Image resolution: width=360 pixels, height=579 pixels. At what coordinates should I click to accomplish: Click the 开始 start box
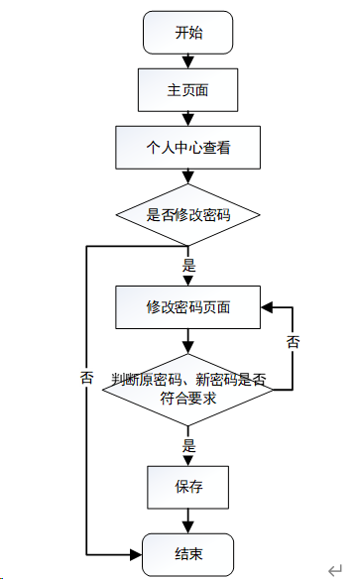pyautogui.click(x=188, y=33)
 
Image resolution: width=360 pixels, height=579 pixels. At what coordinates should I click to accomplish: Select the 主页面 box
pyautogui.click(x=188, y=90)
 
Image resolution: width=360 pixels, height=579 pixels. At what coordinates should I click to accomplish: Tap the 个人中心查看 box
pyautogui.click(x=188, y=148)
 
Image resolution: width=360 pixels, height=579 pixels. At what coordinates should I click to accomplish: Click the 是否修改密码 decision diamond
pyautogui.click(x=188, y=215)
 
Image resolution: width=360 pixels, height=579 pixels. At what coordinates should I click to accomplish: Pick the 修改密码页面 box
pyautogui.click(x=188, y=307)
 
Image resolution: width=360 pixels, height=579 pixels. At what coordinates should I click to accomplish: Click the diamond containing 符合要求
pyautogui.click(x=188, y=390)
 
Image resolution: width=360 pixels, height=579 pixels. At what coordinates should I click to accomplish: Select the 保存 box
pyautogui.click(x=188, y=488)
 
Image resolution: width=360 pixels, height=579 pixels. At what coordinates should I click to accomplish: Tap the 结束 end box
pyautogui.click(x=188, y=554)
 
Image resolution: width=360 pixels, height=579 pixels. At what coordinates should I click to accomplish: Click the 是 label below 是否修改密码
pyautogui.click(x=188, y=266)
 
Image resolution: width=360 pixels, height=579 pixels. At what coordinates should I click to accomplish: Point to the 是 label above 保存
pyautogui.click(x=188, y=446)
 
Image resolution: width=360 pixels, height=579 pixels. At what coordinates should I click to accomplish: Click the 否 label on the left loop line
pyautogui.click(x=86, y=378)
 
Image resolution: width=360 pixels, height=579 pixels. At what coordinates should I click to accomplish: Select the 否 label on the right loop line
pyautogui.click(x=294, y=342)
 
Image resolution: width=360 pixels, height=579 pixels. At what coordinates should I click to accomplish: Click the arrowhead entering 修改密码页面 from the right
pyautogui.click(x=267, y=307)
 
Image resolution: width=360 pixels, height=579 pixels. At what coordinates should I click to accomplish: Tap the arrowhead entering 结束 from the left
pyautogui.click(x=136, y=554)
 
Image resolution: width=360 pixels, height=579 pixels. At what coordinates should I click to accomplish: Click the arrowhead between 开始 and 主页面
pyautogui.click(x=188, y=61)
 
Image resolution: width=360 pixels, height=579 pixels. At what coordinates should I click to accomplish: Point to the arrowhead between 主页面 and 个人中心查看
pyautogui.click(x=188, y=120)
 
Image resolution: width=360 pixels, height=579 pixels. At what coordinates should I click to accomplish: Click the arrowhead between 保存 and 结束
pyautogui.click(x=188, y=526)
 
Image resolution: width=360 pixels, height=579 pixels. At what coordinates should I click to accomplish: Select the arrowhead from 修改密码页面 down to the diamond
pyautogui.click(x=188, y=348)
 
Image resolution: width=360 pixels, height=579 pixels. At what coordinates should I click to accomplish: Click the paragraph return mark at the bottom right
pyautogui.click(x=335, y=570)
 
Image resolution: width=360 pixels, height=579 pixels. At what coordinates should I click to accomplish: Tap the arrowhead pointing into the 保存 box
pyautogui.click(x=188, y=460)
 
